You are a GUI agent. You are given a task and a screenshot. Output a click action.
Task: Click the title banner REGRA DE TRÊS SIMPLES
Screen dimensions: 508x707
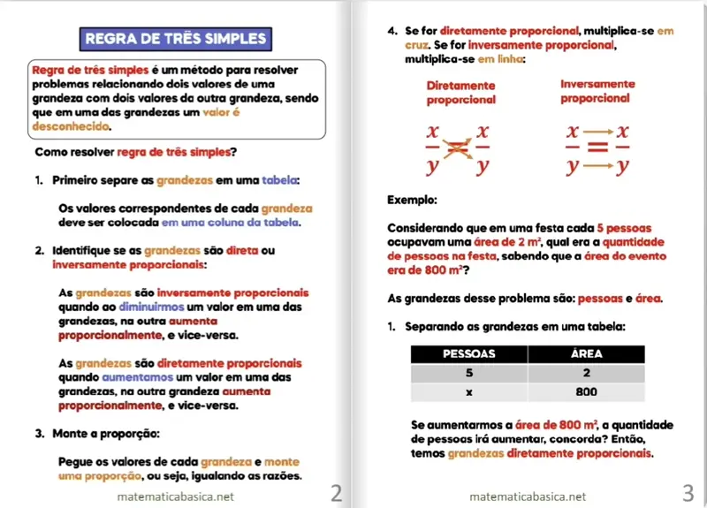pyautogui.click(x=174, y=39)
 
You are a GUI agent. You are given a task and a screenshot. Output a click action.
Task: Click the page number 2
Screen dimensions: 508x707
pyautogui.click(x=336, y=492)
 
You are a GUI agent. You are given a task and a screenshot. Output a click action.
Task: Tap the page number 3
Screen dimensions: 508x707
pyautogui.click(x=688, y=492)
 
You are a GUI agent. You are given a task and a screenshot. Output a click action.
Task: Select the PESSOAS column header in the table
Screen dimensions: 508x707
pyautogui.click(x=468, y=354)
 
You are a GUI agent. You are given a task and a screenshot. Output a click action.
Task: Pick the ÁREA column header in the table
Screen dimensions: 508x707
pyautogui.click(x=586, y=354)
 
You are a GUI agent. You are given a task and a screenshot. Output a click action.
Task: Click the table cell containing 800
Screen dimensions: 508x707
pyautogui.click(x=586, y=391)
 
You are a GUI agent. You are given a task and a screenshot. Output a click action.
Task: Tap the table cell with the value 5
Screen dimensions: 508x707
pyautogui.click(x=468, y=373)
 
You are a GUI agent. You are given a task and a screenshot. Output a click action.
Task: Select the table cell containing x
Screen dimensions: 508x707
pyautogui.click(x=468, y=391)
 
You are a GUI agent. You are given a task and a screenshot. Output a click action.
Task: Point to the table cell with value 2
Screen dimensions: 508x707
pyautogui.click(x=586, y=373)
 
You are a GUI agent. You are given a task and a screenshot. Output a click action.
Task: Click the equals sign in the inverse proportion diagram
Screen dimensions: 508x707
pyautogui.click(x=597, y=148)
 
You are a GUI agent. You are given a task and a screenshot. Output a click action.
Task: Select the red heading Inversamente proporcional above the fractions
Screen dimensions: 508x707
pyautogui.click(x=597, y=91)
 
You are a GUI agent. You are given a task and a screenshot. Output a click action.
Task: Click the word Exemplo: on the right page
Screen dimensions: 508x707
pyautogui.click(x=412, y=201)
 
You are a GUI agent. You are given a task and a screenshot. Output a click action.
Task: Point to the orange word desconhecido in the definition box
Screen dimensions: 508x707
pyautogui.click(x=65, y=126)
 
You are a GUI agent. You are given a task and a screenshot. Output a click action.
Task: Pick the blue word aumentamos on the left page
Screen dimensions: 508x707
pyautogui.click(x=129, y=377)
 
